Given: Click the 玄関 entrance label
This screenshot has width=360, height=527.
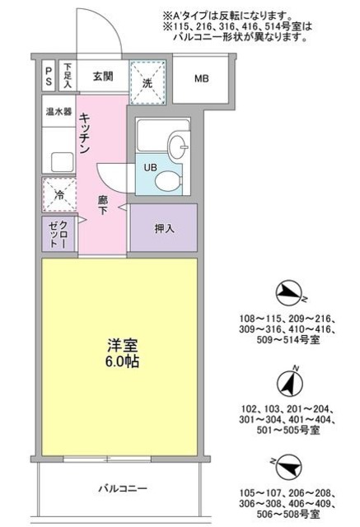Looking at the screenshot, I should pos(101,78).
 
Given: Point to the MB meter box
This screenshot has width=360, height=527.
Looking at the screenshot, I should pos(201,80).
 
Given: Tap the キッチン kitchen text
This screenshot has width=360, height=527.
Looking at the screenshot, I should pos(85,137).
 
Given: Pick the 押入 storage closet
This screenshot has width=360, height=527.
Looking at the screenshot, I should pos(163,228).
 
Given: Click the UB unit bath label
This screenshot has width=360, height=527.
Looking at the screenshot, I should pos(151,168).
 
